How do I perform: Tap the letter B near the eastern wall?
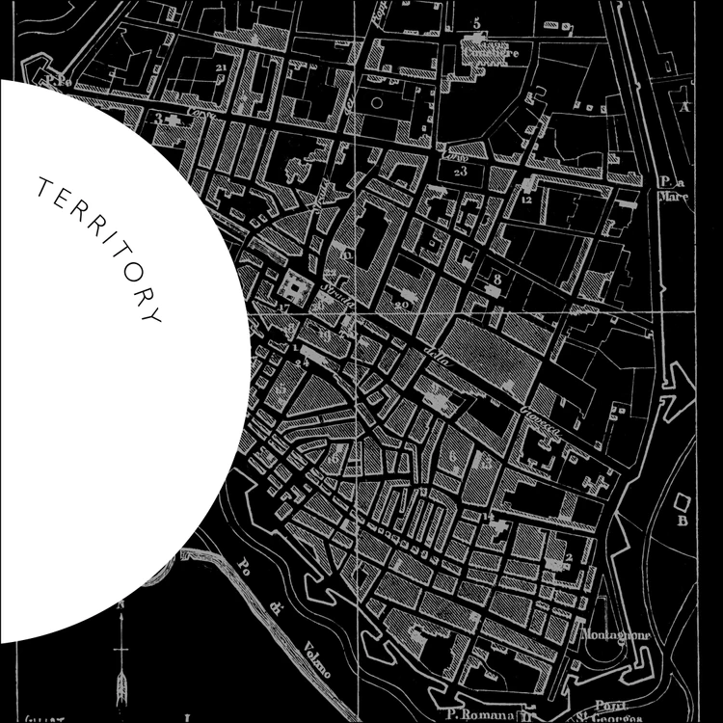pos(682,522)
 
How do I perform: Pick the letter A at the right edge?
pos(685,107)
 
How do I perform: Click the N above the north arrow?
pos(121,603)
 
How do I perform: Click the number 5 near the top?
pos(476,22)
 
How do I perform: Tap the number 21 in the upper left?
pos(222,67)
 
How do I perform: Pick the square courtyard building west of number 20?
pos(291,286)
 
